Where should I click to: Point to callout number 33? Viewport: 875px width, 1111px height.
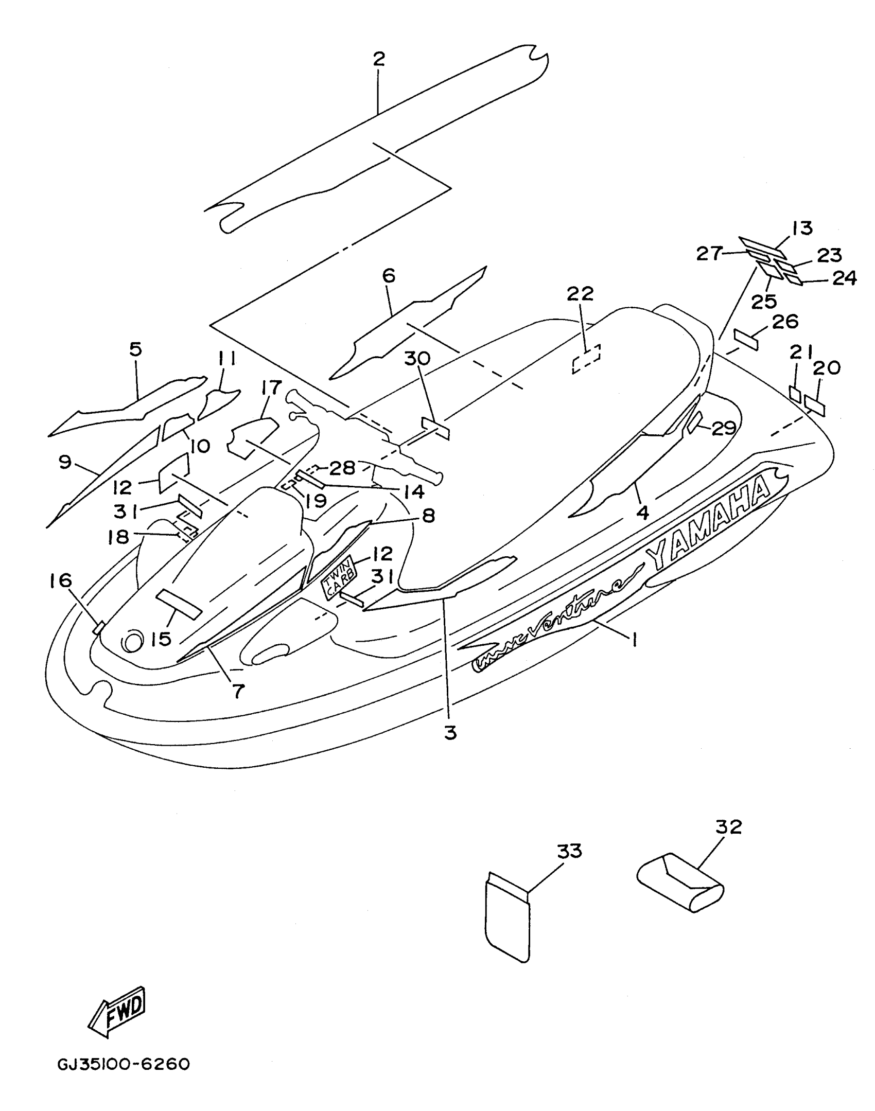(x=569, y=851)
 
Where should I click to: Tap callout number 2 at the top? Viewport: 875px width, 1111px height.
(x=379, y=59)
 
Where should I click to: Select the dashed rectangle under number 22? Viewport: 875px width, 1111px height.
(x=586, y=359)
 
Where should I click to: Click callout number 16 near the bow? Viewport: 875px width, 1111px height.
(x=60, y=581)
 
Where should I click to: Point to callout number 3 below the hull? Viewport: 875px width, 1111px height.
(x=450, y=733)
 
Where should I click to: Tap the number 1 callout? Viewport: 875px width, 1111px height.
(x=634, y=640)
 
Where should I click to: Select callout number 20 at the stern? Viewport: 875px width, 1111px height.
(x=827, y=367)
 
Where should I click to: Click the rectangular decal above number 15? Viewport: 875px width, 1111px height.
(x=179, y=604)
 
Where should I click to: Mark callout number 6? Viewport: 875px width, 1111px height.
(x=389, y=276)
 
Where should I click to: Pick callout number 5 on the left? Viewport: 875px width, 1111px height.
(x=135, y=350)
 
